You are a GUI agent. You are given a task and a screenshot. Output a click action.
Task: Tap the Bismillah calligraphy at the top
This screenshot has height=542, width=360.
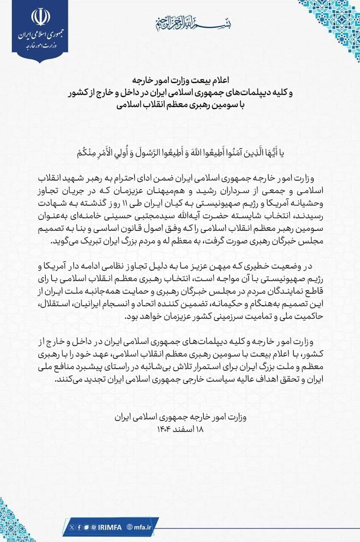tap(181, 22)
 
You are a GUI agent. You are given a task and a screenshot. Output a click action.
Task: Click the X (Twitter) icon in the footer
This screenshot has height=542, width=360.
tap(72, 526)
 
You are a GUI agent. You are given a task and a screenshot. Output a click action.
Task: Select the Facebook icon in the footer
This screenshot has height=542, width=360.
tap(79, 526)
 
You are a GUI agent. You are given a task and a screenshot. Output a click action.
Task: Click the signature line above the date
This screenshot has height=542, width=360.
tap(180, 417)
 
